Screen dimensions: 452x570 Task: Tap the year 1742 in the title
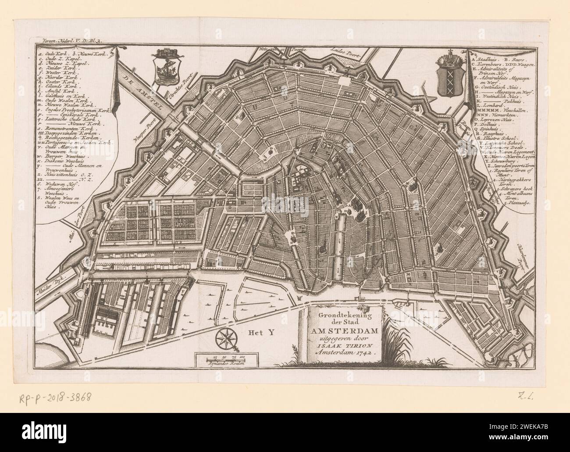[360, 352]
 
